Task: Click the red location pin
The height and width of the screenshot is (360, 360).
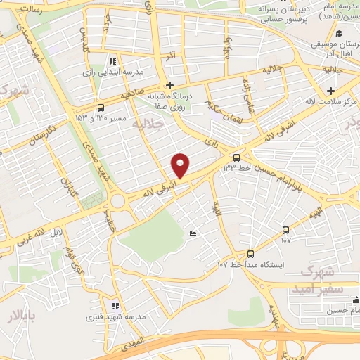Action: pyautogui.click(x=181, y=165)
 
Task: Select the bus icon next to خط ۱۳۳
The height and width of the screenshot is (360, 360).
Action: pyautogui.click(x=236, y=157)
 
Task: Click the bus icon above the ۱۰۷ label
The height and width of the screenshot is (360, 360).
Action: pyautogui.click(x=285, y=230)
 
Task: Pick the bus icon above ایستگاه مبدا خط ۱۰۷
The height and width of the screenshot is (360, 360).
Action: pyautogui.click(x=251, y=254)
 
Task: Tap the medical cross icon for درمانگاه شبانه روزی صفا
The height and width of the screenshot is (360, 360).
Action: pyautogui.click(x=169, y=86)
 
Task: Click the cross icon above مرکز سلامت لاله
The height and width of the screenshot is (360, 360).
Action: pyautogui.click(x=330, y=91)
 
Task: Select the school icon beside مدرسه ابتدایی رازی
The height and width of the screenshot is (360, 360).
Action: pyautogui.click(x=113, y=61)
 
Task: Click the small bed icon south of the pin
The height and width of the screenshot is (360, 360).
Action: pyautogui.click(x=193, y=234)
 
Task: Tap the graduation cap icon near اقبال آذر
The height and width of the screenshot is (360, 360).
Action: pyautogui.click(x=339, y=33)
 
